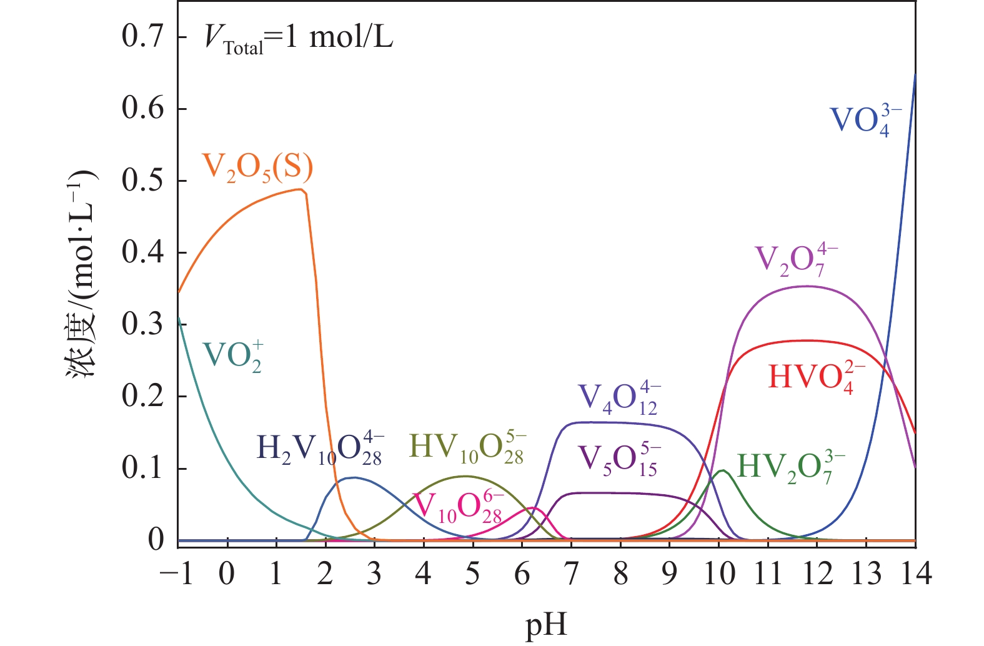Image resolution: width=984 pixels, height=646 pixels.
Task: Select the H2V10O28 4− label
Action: (320, 448)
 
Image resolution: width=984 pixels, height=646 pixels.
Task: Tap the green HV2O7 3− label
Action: (791, 467)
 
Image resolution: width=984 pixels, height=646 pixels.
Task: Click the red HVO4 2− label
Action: (817, 377)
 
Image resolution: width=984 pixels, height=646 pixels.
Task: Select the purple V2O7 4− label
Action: (797, 260)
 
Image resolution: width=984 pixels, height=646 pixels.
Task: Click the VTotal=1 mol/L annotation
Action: (299, 39)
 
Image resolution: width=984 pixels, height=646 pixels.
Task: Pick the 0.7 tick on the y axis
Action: (142, 37)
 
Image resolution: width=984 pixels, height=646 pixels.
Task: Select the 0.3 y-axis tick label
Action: (142, 325)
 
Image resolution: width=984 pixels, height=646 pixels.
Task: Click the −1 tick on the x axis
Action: (178, 574)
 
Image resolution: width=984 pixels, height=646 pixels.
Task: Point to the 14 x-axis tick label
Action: (915, 574)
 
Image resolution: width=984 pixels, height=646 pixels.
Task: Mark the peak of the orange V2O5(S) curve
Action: (301, 189)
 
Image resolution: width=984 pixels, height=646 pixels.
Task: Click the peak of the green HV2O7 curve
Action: (722, 470)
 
